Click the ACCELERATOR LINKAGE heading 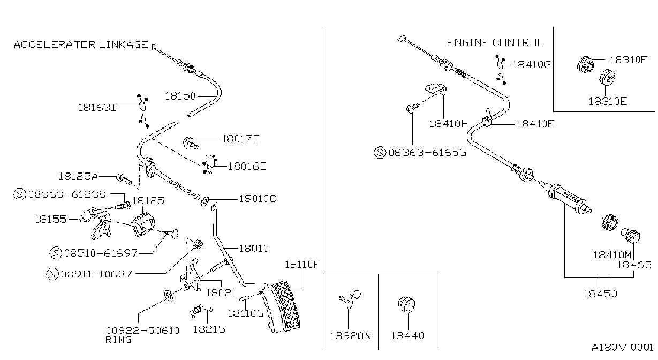(81, 44)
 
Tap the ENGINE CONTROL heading (495, 43)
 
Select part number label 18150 (180, 96)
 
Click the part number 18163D (98, 108)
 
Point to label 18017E (240, 139)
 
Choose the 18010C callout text (258, 199)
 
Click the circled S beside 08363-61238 (20, 194)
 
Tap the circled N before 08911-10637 (52, 274)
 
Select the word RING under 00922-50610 (118, 340)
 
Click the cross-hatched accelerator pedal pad (285, 306)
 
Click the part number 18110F (301, 265)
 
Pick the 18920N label (351, 335)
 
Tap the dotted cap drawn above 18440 (406, 305)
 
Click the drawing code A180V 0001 (623, 348)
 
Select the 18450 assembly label (600, 294)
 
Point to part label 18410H (449, 124)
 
